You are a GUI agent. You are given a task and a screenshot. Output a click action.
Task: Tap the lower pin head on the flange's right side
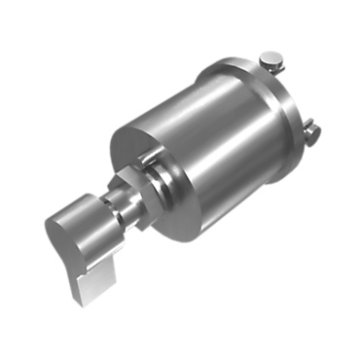(313, 127)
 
